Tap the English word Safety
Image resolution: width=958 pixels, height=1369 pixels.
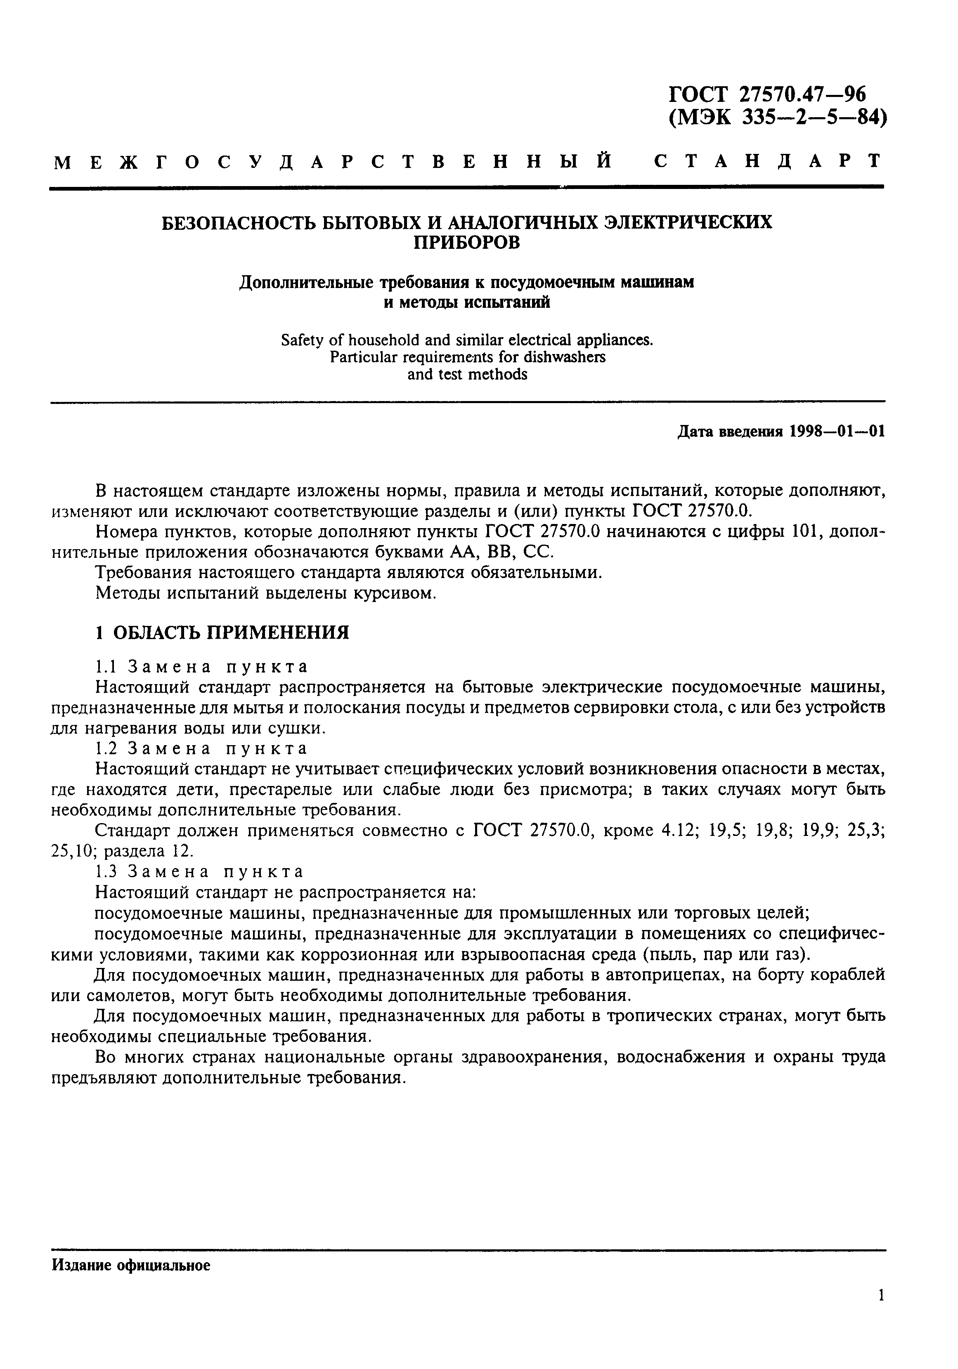pyautogui.click(x=302, y=340)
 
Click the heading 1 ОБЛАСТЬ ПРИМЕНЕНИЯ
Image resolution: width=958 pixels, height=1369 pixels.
pyautogui.click(x=222, y=633)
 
